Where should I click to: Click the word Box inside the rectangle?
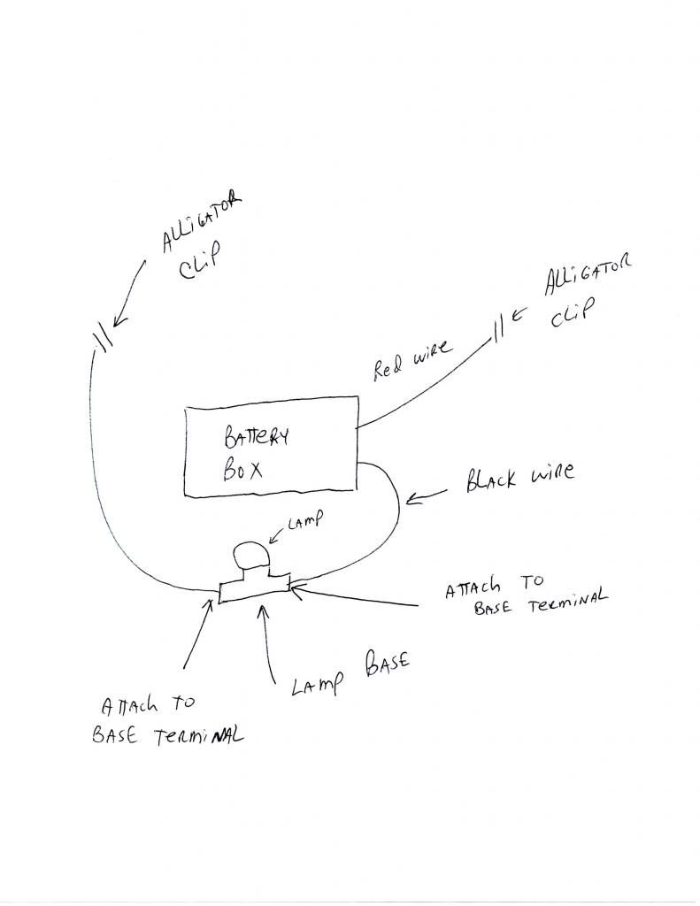pos(242,468)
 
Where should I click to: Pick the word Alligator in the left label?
pos(199,220)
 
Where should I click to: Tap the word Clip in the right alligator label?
pos(568,316)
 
